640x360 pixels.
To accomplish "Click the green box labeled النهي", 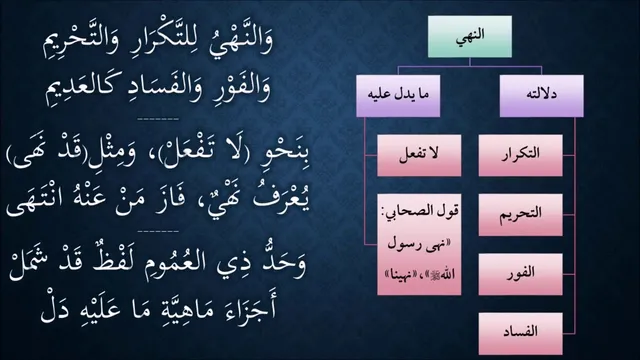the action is (x=470, y=37).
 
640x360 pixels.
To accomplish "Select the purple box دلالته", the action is (x=542, y=96).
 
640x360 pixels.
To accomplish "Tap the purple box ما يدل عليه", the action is (x=398, y=96).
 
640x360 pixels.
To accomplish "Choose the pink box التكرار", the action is (x=520, y=155).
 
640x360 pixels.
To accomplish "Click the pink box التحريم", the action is (x=520, y=215).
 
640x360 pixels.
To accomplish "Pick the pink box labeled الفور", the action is (x=520, y=274).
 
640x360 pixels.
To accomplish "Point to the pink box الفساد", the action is (x=520, y=333).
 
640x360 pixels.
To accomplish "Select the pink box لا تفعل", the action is (x=419, y=155).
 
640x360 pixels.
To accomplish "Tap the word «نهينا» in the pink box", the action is (x=399, y=275).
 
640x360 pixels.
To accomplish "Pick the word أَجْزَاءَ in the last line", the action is (x=248, y=308).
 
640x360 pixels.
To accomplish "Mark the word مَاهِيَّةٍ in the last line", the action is (x=179, y=309).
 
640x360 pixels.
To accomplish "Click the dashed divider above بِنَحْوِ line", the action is (x=158, y=120).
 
